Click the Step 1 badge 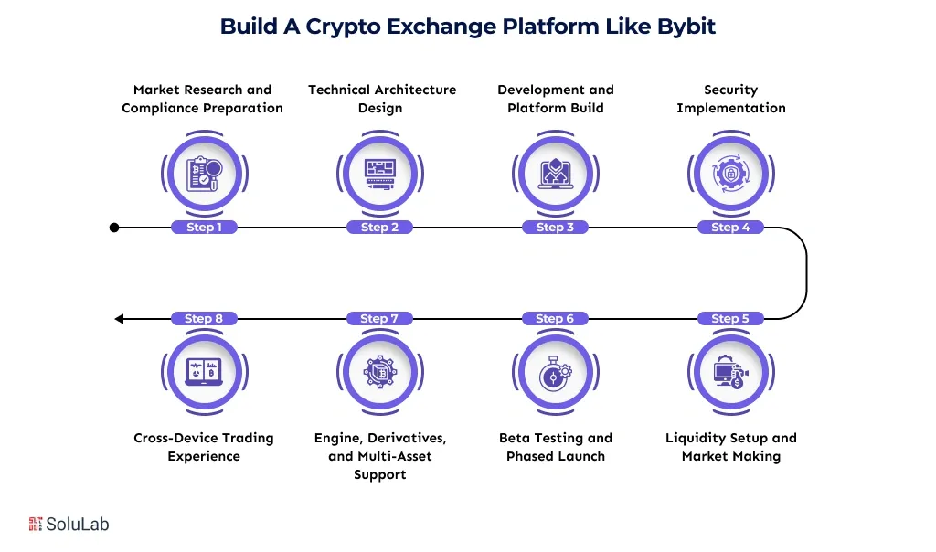204,228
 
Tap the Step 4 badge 730,228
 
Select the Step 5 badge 730,319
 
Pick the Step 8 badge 204,319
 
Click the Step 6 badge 555,319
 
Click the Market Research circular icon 204,174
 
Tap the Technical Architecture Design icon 379,174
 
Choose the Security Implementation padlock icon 730,174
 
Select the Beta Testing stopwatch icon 555,373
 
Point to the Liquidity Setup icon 730,373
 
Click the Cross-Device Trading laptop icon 204,373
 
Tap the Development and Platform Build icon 555,174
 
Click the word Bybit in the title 686,27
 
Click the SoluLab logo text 80,525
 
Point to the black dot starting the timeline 114,228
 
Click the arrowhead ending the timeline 119,319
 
